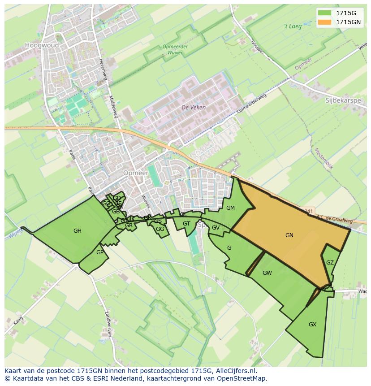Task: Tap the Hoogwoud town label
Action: (42, 45)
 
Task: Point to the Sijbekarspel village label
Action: (344, 100)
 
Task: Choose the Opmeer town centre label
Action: (135, 173)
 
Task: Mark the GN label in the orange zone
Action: (289, 235)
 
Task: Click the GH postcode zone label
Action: (78, 231)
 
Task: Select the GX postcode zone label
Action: (312, 324)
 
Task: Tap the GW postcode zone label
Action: (267, 273)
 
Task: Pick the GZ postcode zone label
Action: (330, 263)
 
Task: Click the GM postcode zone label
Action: (230, 208)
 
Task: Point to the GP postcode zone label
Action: (99, 252)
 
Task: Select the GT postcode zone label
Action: (186, 224)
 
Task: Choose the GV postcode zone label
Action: (216, 228)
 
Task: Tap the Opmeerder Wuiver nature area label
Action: (175, 49)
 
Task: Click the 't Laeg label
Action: (293, 26)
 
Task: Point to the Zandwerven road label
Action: (108, 323)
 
